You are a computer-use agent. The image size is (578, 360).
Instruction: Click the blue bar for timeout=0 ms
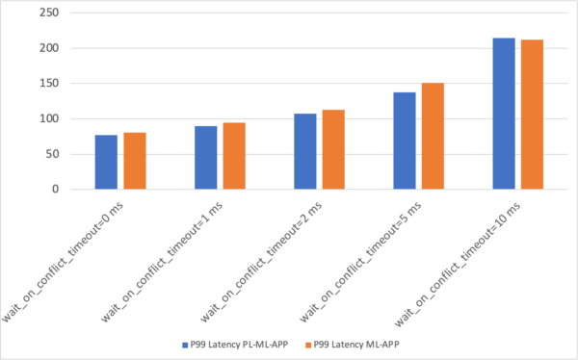106,162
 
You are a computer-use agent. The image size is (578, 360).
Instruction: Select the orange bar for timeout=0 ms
134,161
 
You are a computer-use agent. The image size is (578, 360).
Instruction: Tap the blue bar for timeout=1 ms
205,158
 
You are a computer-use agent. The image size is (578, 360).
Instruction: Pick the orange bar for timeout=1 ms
233,156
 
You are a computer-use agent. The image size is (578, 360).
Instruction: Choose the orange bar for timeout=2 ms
333,149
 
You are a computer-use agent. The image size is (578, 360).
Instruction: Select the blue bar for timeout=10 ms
504,114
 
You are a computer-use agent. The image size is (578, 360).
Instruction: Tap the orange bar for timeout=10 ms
532,115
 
